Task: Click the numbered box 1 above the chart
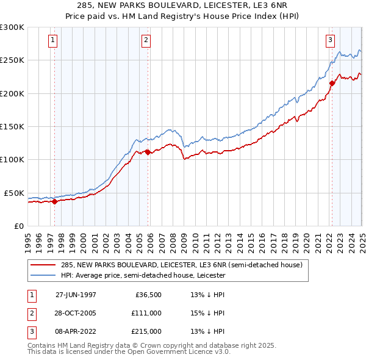click(x=54, y=41)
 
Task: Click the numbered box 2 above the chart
click(x=146, y=41)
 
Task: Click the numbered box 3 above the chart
click(x=330, y=41)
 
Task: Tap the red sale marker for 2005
click(x=148, y=152)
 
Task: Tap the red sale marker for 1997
click(x=55, y=201)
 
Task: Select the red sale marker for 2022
click(x=332, y=83)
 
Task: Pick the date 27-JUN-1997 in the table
click(x=76, y=295)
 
